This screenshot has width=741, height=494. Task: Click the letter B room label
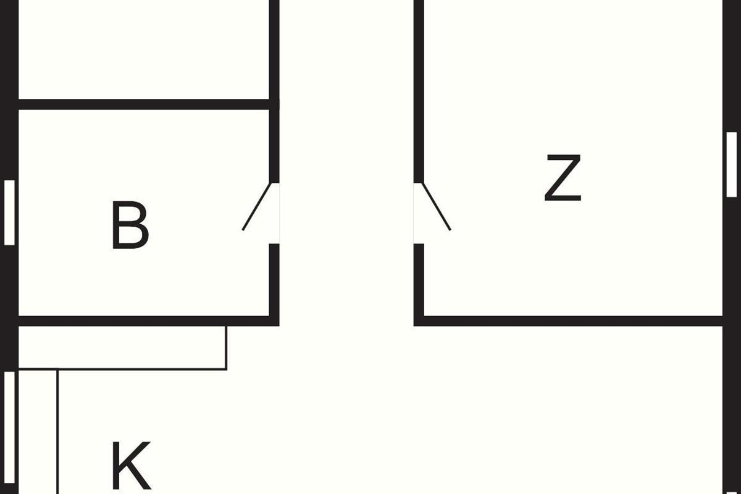click(130, 225)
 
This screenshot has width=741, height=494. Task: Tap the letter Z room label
click(563, 179)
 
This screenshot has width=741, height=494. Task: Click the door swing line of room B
click(257, 207)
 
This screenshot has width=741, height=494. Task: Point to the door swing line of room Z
click(436, 207)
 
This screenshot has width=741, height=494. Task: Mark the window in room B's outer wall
click(9, 212)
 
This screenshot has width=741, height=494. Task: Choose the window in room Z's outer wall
click(732, 164)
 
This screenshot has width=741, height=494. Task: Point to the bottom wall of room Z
click(568, 320)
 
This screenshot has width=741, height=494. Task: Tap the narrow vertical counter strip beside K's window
click(38, 432)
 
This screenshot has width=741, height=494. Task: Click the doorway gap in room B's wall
click(275, 213)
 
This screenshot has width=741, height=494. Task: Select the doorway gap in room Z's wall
click(419, 213)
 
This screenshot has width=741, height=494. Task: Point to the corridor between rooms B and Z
click(346, 185)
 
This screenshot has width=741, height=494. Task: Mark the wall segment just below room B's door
click(275, 281)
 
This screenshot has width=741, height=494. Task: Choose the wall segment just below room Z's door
click(419, 281)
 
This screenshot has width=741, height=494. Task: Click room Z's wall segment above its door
click(419, 93)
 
